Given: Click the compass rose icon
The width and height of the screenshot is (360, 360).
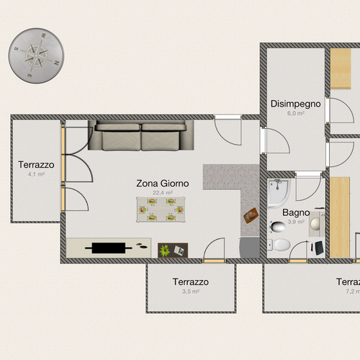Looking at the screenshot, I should (x=36, y=55).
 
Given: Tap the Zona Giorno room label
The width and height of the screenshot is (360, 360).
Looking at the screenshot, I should (x=163, y=184).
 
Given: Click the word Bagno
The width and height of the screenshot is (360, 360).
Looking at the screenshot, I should (x=296, y=212).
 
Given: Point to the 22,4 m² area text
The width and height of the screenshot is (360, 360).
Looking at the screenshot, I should (x=163, y=193).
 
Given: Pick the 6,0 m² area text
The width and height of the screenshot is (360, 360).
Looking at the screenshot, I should (x=295, y=114).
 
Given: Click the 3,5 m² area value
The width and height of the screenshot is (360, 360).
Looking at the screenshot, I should (x=191, y=292).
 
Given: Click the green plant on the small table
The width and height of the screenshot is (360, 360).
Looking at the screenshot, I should (x=165, y=250).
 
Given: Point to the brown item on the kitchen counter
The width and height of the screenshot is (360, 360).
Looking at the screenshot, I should (x=251, y=215).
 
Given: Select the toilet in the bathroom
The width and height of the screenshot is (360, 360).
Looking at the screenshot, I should (x=279, y=246).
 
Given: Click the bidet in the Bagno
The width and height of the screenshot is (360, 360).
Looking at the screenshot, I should (x=278, y=228).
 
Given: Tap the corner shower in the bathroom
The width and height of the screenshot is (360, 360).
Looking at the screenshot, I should (x=277, y=191).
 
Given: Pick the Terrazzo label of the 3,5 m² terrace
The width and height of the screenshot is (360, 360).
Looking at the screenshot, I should (x=191, y=282).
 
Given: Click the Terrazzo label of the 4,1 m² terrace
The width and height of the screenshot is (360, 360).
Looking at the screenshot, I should (x=36, y=165).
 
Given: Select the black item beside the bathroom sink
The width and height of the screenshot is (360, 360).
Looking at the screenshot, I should (x=318, y=248).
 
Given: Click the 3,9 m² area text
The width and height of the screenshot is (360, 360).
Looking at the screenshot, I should (x=295, y=222).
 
